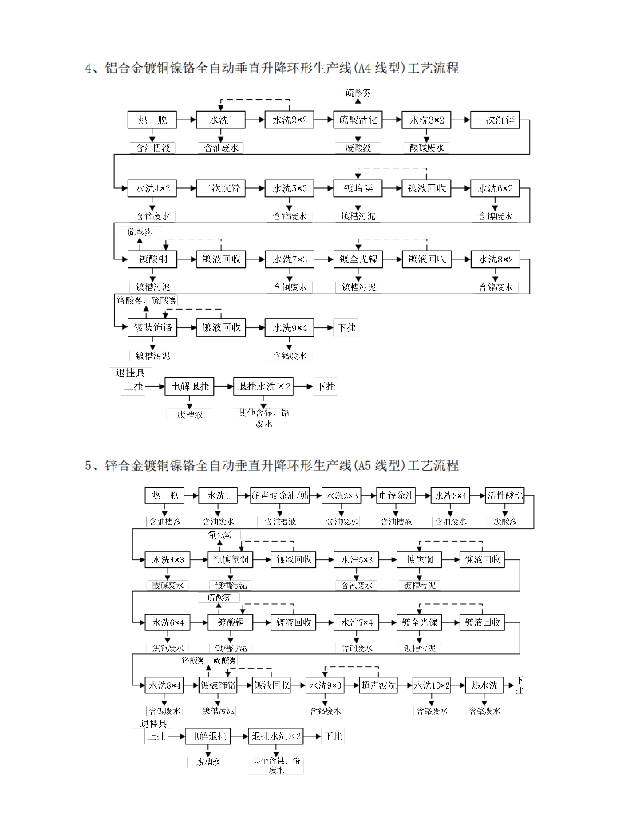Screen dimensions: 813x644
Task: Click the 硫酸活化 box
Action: point(357,120)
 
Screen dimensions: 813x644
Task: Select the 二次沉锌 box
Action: point(219,188)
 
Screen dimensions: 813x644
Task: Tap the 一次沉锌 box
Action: point(494,120)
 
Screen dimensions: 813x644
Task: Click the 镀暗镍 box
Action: point(357,188)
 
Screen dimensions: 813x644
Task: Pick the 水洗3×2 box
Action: point(425,120)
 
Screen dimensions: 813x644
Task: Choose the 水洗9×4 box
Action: point(288,327)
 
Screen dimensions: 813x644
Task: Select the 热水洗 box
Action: point(484,685)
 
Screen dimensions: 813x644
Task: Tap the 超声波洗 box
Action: point(377,685)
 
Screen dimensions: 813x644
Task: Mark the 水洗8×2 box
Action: point(494,259)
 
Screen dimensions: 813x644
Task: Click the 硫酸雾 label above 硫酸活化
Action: point(357,93)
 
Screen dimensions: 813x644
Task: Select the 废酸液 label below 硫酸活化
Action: point(357,148)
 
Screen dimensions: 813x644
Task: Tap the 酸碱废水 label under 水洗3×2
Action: point(425,148)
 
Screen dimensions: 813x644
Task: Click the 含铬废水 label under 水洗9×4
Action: point(288,355)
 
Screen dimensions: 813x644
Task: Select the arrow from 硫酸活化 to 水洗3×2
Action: point(391,120)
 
